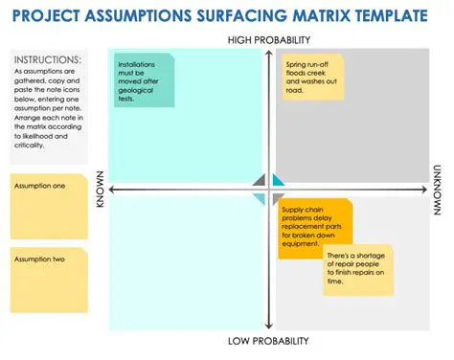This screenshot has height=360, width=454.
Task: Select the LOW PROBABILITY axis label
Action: tap(267, 341)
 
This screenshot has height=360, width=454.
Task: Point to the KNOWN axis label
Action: tap(100, 190)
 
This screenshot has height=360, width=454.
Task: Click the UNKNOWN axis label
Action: tap(437, 190)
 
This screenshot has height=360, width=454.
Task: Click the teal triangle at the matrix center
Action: tap(279, 180)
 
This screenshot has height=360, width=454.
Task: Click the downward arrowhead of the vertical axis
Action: tap(267, 328)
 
